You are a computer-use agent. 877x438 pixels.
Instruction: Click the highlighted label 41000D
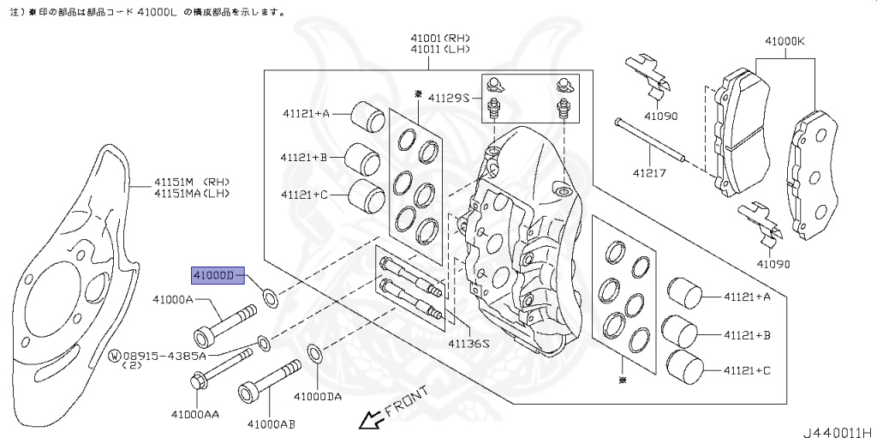click(x=212, y=275)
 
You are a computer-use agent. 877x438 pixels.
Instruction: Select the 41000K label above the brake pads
click(x=785, y=40)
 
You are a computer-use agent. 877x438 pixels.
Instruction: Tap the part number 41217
click(x=647, y=171)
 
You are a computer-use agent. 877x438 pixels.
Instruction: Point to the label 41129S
click(x=449, y=99)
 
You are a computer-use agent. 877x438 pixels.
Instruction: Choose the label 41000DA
click(x=317, y=397)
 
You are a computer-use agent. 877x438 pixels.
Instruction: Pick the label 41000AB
click(x=271, y=423)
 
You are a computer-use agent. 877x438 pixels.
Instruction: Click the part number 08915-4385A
click(x=164, y=355)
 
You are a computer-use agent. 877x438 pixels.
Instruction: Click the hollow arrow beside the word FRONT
click(x=371, y=420)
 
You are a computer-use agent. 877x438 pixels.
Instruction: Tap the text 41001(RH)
click(x=439, y=38)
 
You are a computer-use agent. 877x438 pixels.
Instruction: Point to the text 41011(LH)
click(x=439, y=50)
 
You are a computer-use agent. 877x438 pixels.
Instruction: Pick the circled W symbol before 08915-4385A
click(x=114, y=355)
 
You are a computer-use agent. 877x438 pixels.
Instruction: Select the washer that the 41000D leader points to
click(x=271, y=298)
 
